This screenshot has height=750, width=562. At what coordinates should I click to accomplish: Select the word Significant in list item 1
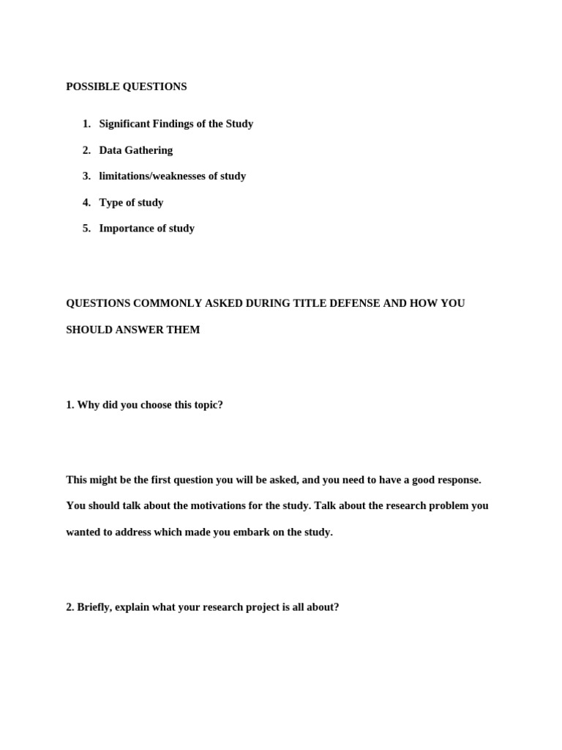point(124,124)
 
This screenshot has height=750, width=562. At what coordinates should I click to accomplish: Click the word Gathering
point(149,150)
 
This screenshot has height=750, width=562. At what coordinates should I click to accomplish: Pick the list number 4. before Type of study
point(86,202)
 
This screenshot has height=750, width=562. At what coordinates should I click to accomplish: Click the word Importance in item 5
point(127,228)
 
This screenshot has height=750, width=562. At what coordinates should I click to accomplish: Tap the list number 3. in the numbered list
point(86,176)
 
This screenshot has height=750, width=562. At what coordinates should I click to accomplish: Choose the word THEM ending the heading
point(184,330)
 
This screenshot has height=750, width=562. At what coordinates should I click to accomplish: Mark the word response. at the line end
point(459,480)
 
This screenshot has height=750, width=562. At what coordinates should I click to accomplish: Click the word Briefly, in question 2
point(94,607)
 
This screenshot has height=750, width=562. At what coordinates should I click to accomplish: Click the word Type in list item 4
point(111,202)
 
